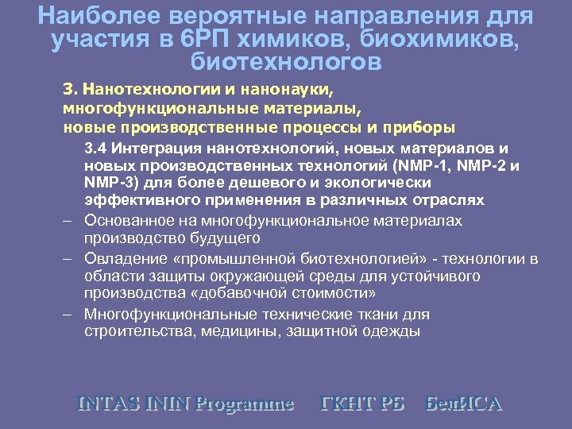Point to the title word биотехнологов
(x=286, y=61)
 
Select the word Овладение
(x=122, y=259)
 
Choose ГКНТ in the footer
(x=344, y=403)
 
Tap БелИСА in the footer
(x=465, y=403)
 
